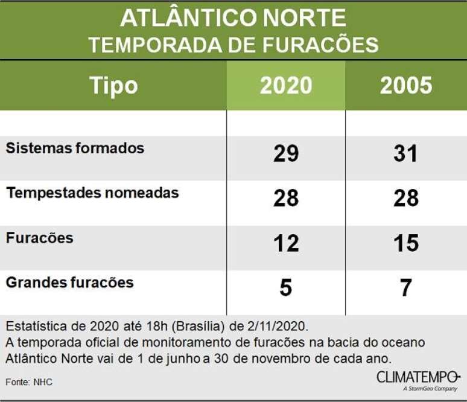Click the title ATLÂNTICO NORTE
coord(233,19)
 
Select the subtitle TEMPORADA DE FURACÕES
coord(233,44)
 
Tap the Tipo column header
coord(113,86)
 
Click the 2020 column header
coord(286,86)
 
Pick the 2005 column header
coord(406,86)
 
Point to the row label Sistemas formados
coord(75,148)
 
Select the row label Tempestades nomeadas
coord(92,193)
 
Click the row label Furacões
coord(39,238)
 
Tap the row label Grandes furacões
coord(69,282)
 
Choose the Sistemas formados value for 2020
coord(286,154)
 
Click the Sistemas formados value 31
coord(406,154)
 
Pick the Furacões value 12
coord(286,243)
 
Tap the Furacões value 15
coord(406,243)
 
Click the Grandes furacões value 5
coord(286,288)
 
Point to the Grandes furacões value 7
coord(406,288)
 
